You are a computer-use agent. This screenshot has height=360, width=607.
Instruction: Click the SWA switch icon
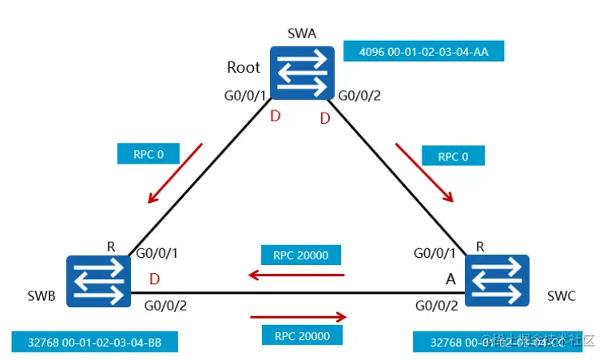(x=301, y=72)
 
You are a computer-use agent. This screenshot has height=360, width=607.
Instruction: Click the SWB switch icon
(x=99, y=281)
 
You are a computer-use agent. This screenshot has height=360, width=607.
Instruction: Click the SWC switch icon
(x=497, y=282)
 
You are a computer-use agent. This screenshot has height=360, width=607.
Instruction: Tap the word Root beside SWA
(x=244, y=68)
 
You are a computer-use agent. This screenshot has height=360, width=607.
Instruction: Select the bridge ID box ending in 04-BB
(x=93, y=342)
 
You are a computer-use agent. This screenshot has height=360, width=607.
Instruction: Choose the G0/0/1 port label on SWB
(x=157, y=255)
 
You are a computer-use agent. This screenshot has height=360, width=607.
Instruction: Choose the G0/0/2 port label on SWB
(x=166, y=305)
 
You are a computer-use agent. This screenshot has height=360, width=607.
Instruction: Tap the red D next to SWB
(x=154, y=281)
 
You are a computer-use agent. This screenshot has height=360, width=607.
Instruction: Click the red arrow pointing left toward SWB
(x=296, y=275)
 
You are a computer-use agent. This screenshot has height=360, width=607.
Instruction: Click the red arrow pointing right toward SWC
(x=299, y=316)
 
